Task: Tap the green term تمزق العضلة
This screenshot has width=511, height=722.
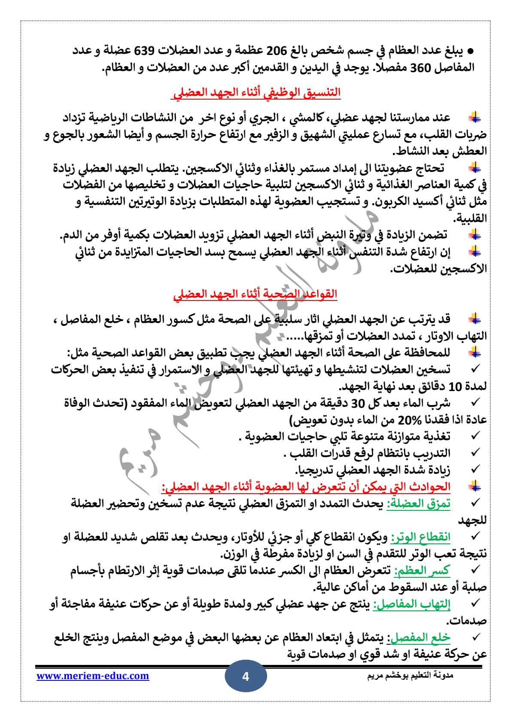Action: pos(419,504)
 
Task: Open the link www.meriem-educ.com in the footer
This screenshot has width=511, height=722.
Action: pos(93,676)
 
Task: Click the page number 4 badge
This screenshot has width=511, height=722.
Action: pos(246,677)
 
